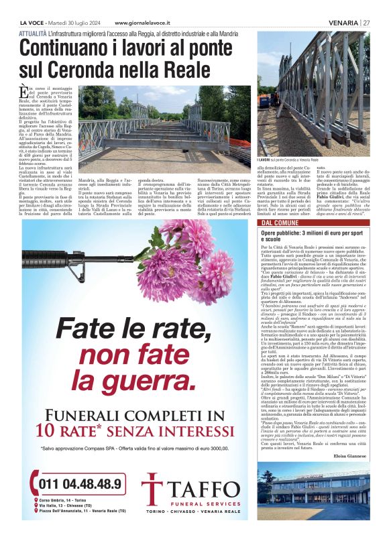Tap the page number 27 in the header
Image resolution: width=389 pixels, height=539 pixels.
(366, 22)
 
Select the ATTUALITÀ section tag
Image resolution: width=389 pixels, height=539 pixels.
(33, 33)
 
